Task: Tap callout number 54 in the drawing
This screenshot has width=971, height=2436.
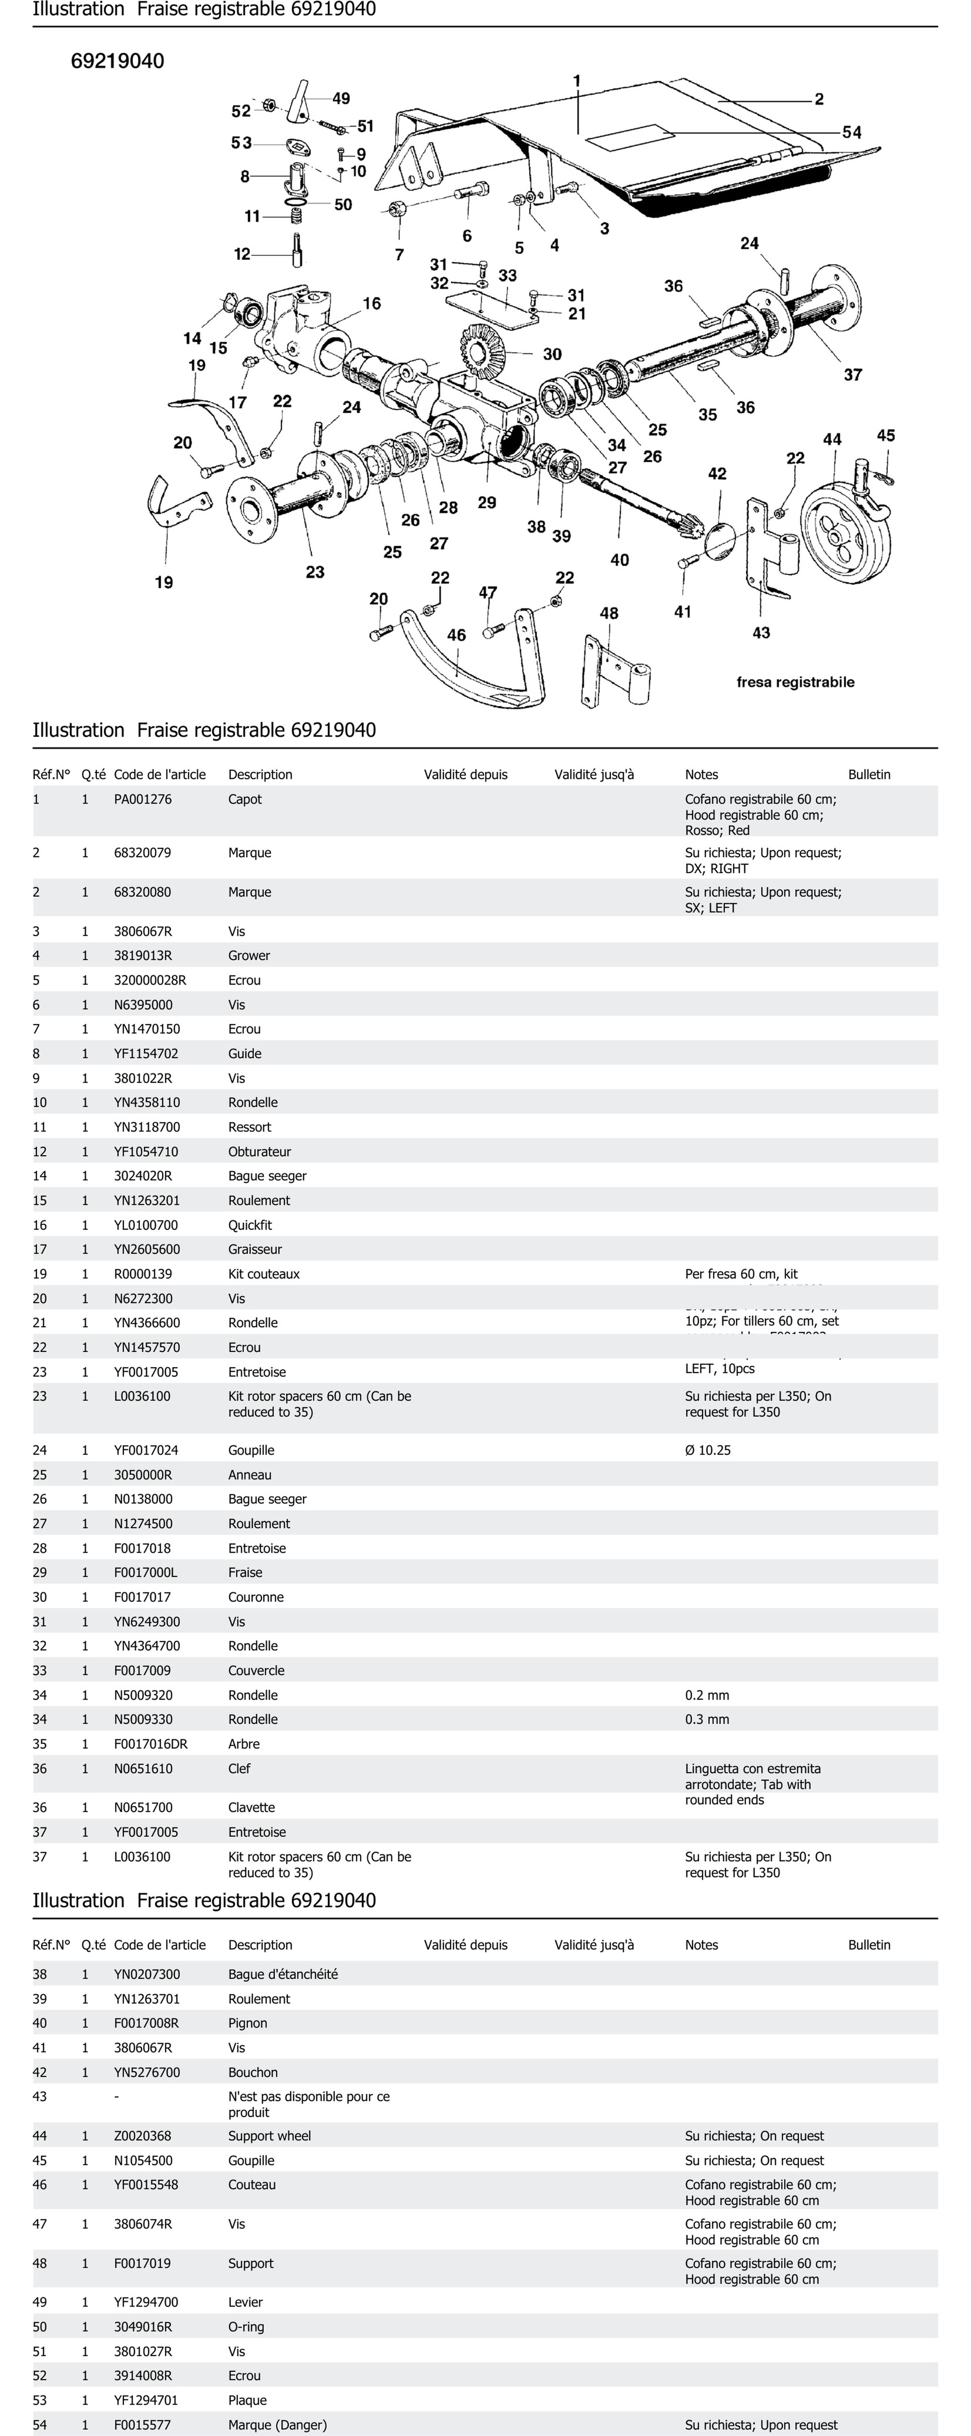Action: pos(852,132)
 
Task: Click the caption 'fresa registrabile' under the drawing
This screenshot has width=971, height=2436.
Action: pos(795,682)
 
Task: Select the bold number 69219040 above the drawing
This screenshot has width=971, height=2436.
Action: pos(117,61)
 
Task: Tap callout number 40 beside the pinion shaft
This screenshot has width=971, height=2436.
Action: pos(619,560)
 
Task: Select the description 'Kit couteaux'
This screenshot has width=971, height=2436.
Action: pos(264,1274)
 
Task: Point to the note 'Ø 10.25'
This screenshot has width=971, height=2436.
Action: pos(708,1450)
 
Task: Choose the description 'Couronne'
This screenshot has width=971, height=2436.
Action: pos(255,1597)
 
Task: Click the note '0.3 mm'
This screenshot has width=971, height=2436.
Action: pos(707,1719)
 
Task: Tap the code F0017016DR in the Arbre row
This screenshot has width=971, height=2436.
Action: pos(151,1744)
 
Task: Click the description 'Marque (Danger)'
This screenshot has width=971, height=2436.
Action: pos(277,2425)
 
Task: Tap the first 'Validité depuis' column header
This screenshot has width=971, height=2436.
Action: pos(465,774)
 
